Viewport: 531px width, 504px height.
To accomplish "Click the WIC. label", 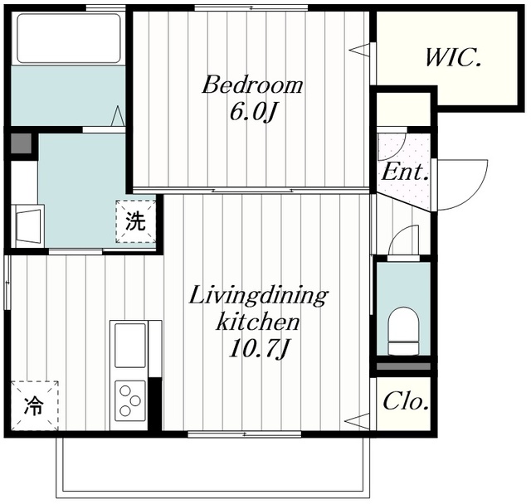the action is [x=453, y=58].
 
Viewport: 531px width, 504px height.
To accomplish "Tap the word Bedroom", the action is [x=252, y=85].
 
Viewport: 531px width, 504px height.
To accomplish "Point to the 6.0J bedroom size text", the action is [x=251, y=112].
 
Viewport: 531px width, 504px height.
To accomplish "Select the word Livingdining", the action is [x=258, y=296].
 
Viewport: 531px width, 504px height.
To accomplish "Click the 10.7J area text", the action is [x=258, y=348].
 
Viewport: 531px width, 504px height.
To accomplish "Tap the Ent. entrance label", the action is [x=405, y=172].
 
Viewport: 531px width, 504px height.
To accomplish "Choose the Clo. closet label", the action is [x=406, y=401].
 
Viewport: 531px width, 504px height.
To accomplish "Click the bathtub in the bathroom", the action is [x=69, y=38].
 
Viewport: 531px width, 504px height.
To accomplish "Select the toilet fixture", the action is [x=403, y=331].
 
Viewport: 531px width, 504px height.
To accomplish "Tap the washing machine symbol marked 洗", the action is [x=136, y=221].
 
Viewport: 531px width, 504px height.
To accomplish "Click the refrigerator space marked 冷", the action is [x=35, y=405].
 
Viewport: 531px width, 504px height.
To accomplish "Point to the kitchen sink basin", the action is [x=130, y=346].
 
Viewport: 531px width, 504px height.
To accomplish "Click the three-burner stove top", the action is [x=130, y=401].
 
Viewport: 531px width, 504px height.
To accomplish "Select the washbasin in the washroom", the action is [x=28, y=226].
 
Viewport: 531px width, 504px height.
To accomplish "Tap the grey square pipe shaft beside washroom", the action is [x=22, y=143].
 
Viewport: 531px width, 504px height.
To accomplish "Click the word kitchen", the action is [x=258, y=322].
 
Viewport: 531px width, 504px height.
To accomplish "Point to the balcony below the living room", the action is [x=213, y=467].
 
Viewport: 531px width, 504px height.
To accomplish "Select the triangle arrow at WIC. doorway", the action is [x=358, y=51].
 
